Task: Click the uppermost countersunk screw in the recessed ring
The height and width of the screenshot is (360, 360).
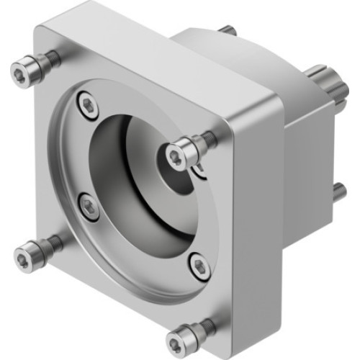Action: pos(88,105)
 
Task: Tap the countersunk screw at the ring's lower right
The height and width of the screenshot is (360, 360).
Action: pos(201,267)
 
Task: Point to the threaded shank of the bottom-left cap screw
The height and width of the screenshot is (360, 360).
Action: pos(51,246)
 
